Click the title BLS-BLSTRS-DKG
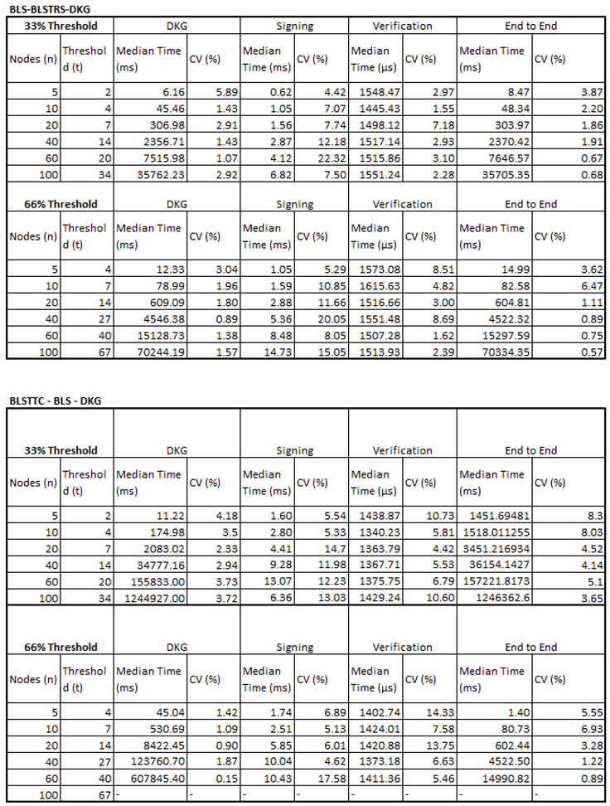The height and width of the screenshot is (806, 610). coord(51,7)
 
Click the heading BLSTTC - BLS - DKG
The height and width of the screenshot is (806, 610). coord(56,401)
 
